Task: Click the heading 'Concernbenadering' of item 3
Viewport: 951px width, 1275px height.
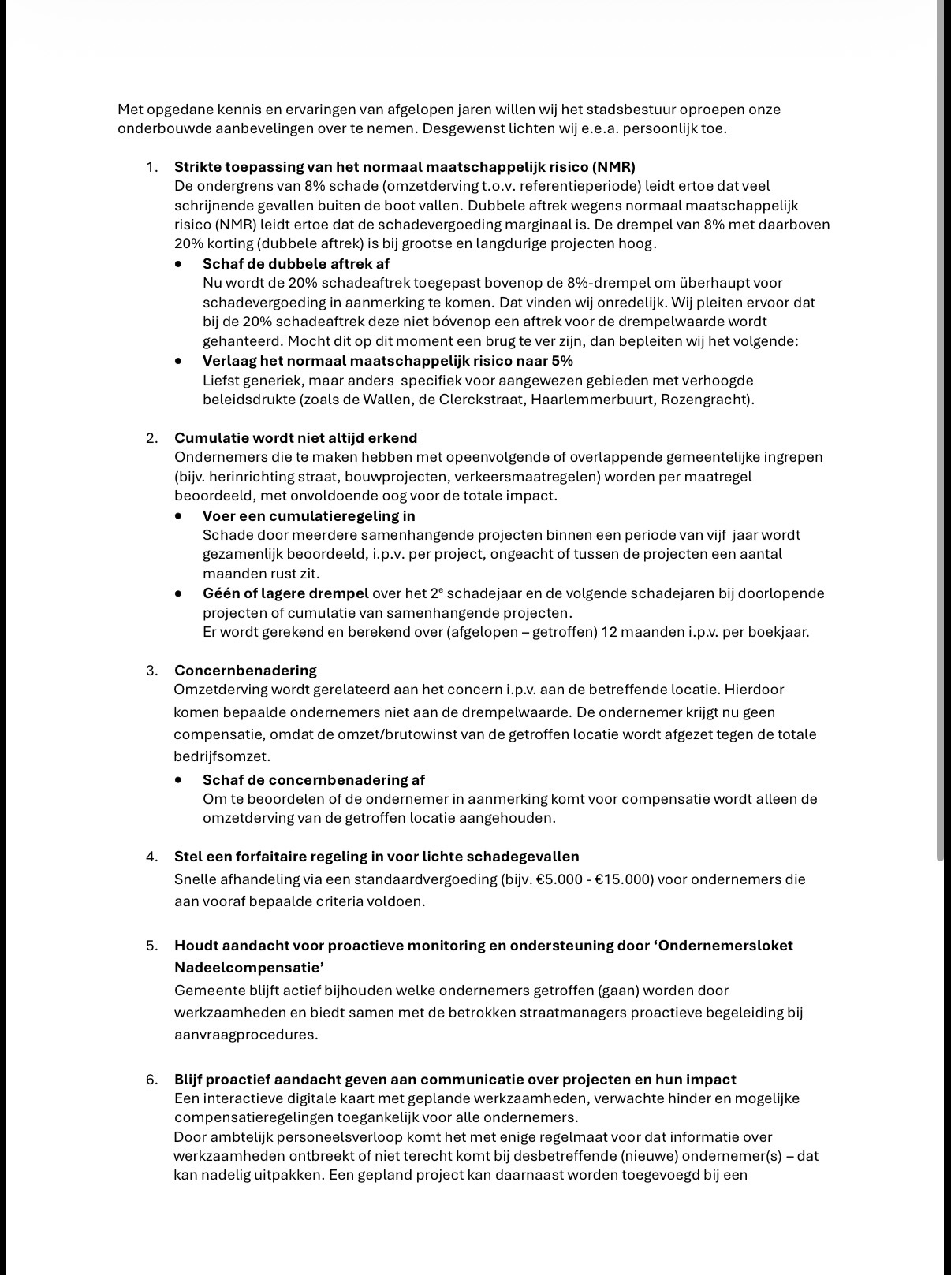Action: point(245,670)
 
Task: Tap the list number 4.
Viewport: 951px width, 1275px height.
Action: point(151,857)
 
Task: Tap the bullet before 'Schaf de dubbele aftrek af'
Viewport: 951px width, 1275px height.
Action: point(180,264)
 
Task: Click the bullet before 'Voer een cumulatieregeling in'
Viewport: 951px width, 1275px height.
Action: point(180,515)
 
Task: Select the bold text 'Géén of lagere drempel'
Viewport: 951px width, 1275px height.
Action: point(285,593)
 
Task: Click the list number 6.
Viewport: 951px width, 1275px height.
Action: point(151,1079)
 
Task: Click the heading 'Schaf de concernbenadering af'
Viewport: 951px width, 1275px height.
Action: point(313,779)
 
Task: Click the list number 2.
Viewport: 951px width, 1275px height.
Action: point(151,438)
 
